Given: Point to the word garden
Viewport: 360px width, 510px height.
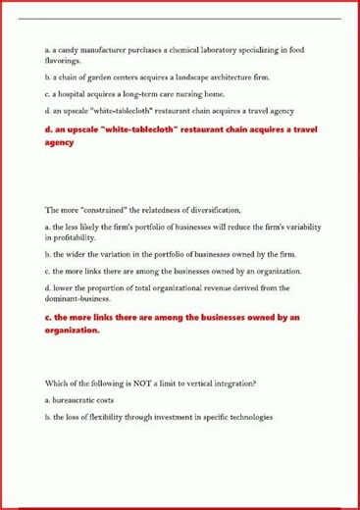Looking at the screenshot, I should click(x=91, y=76).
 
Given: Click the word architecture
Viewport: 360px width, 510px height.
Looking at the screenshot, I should click(x=239, y=76).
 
